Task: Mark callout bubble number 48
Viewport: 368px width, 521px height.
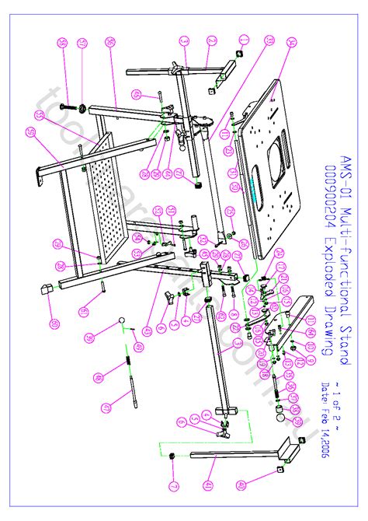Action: point(99,378)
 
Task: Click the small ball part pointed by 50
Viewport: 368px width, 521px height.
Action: point(122,320)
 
